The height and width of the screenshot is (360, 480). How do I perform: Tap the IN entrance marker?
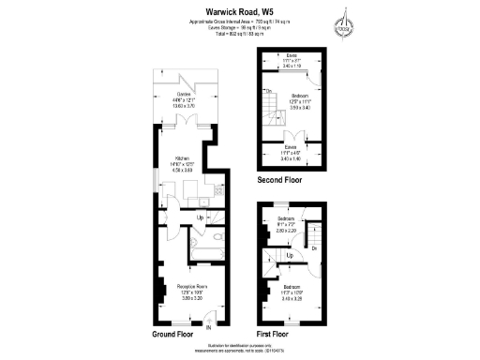[x=208, y=328]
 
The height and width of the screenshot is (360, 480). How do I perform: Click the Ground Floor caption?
[x=172, y=333]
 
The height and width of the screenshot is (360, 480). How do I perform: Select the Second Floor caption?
[x=280, y=178]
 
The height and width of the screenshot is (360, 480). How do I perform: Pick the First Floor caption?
[x=273, y=333]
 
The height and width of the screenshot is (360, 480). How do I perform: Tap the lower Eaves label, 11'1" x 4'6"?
[x=292, y=151]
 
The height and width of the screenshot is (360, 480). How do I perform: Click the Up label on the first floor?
[x=290, y=255]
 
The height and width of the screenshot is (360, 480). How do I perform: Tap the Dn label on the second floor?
[x=268, y=91]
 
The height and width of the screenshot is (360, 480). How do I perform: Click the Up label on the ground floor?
[x=199, y=218]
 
